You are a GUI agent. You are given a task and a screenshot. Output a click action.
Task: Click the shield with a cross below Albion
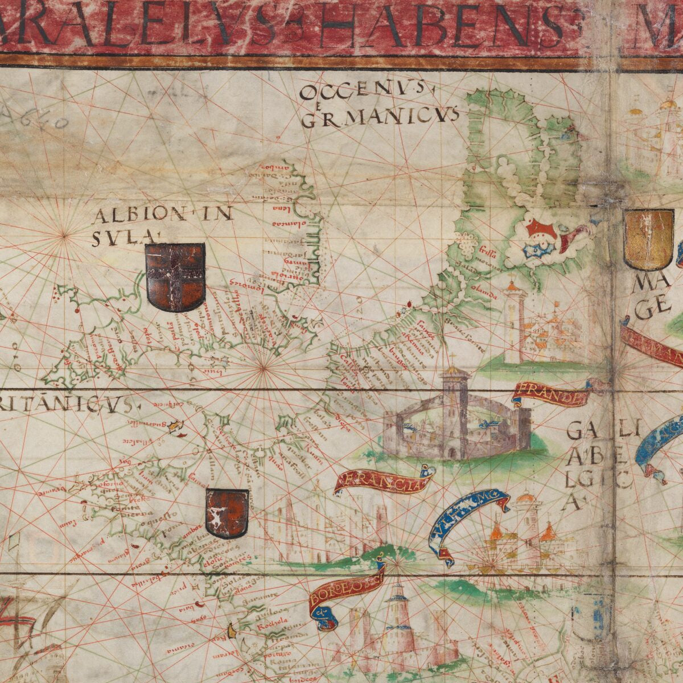(175, 277)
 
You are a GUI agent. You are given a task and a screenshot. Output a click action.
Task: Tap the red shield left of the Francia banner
(227, 513)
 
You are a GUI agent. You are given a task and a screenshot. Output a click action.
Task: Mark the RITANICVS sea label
(68, 404)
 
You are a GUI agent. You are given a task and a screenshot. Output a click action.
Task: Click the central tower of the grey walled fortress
(454, 410)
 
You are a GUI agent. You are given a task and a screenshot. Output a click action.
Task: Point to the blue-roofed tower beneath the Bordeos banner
(398, 612)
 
